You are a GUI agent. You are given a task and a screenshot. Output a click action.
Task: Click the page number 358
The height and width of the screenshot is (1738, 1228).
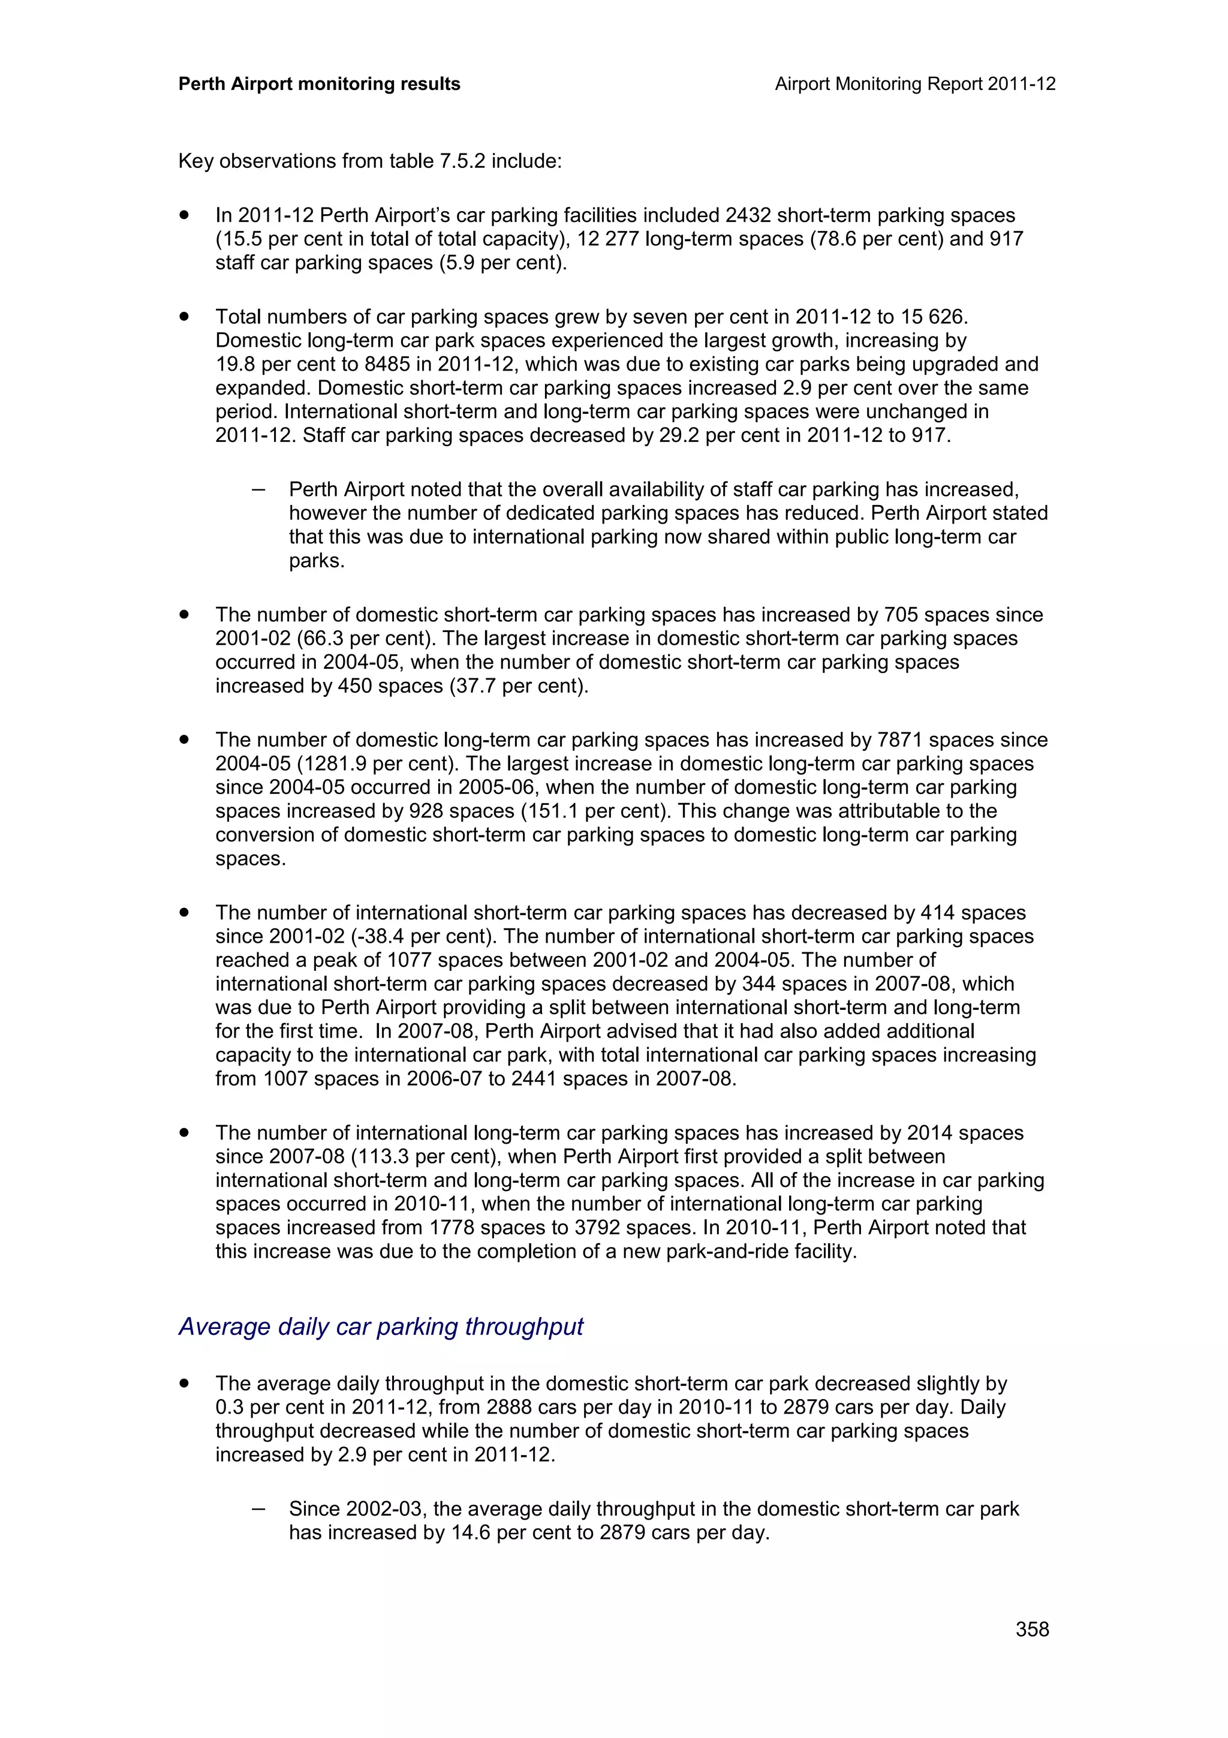point(1032,1628)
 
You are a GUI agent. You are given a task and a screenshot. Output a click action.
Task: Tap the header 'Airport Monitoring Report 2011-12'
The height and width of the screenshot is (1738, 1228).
point(915,84)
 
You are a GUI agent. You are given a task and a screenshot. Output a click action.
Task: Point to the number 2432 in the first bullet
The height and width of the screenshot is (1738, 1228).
point(748,216)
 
